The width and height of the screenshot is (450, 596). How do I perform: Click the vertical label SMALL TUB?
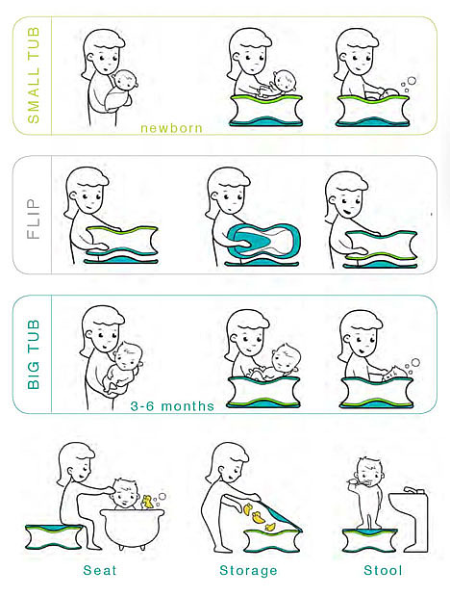34,75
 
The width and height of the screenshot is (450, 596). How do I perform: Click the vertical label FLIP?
34,219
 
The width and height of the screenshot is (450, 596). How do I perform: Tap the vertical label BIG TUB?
34,354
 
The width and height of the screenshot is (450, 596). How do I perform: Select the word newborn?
171,128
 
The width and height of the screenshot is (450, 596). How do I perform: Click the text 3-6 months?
172,406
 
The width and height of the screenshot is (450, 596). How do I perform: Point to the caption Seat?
99,570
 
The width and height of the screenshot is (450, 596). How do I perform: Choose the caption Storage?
248,570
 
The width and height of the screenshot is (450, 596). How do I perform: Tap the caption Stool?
383,570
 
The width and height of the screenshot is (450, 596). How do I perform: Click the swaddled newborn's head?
126,80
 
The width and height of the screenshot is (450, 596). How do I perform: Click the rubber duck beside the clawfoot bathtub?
147,502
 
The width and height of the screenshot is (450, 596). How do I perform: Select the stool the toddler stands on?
369,540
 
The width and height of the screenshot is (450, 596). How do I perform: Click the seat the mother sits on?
54,536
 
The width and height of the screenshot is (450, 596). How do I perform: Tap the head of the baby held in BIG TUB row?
129,355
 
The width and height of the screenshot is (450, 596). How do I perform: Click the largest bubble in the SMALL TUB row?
412,81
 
